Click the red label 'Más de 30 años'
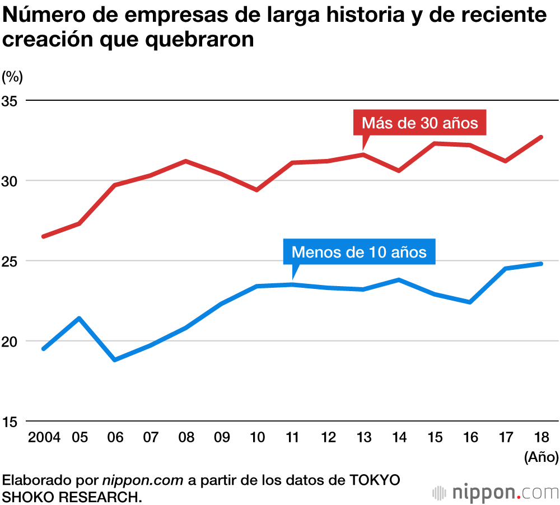click(420, 123)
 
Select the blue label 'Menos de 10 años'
click(359, 252)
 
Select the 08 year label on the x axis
click(186, 437)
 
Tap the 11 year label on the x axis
click(292, 437)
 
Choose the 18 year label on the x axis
click(542, 437)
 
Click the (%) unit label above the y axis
click(12, 76)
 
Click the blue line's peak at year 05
click(80, 319)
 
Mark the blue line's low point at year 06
click(115, 359)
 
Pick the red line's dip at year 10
click(256, 190)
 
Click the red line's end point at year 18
click(541, 137)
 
